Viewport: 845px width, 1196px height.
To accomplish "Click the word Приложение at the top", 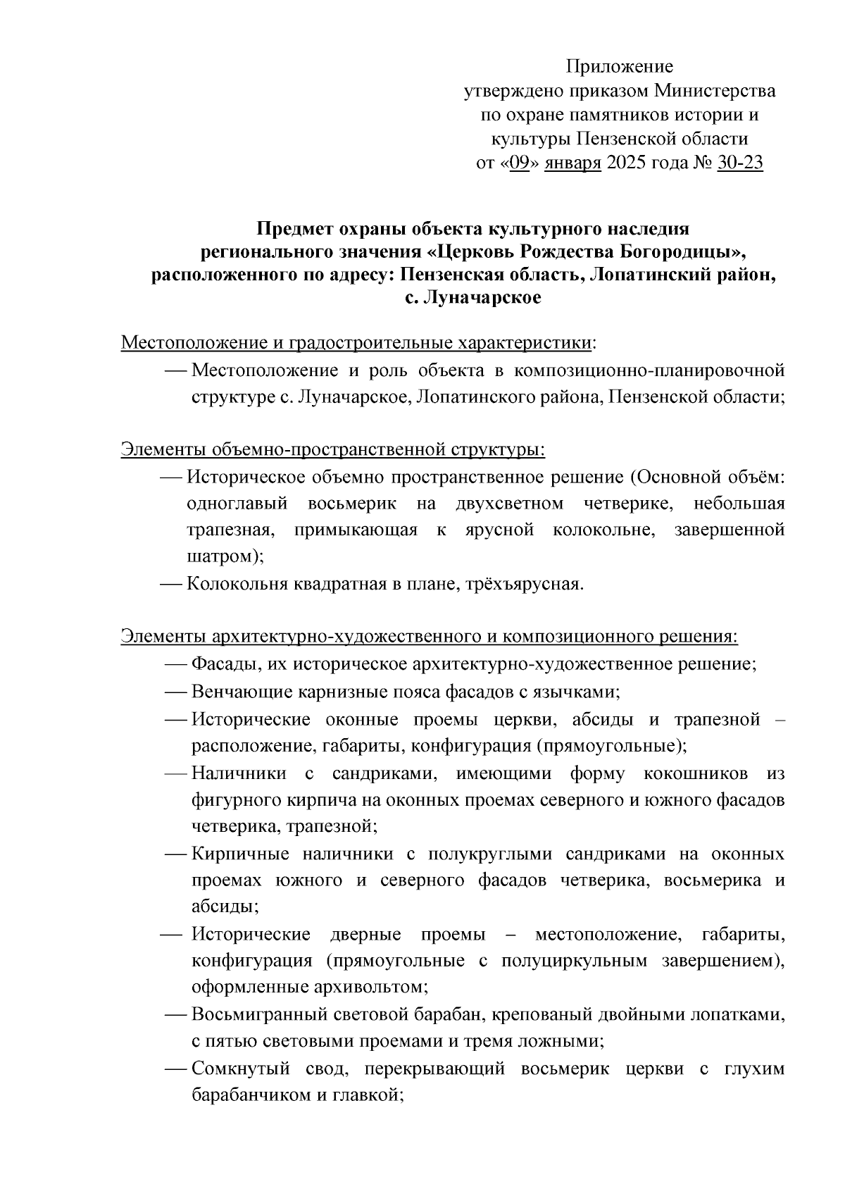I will [620, 67].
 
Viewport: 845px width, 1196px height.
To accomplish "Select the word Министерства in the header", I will [715, 92].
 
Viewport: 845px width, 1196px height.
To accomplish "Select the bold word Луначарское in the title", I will [483, 298].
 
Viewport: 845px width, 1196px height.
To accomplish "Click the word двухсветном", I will [509, 504].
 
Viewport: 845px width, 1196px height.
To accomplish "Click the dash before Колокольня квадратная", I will [172, 584].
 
